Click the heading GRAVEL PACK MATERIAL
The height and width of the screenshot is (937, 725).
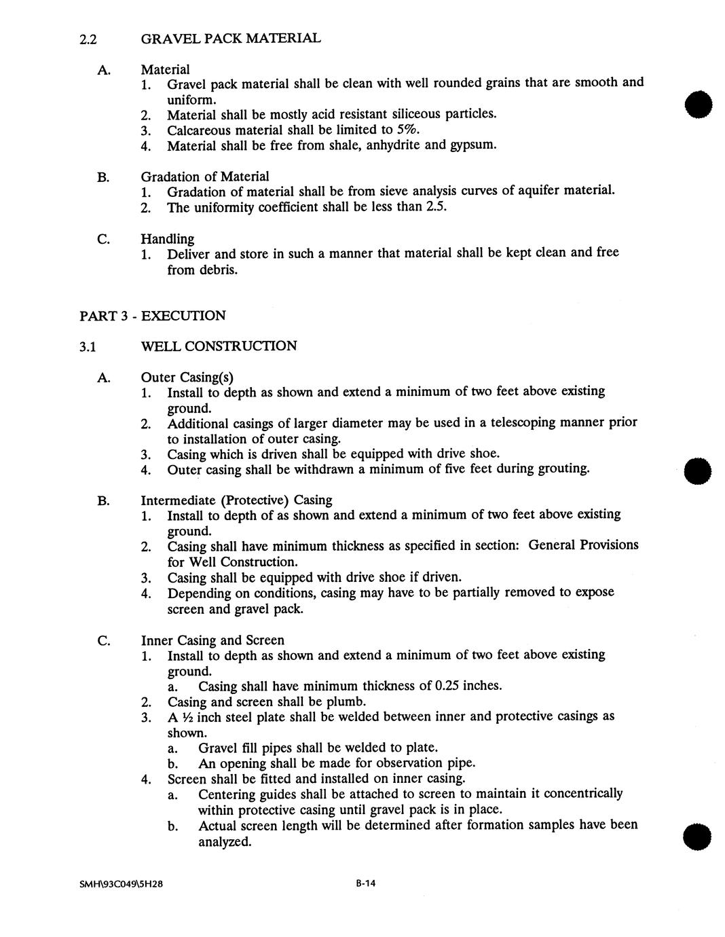(x=231, y=39)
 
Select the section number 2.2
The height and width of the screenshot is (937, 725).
(x=88, y=39)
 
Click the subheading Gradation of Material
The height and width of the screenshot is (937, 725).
(x=204, y=177)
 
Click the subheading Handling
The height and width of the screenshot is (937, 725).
(x=167, y=238)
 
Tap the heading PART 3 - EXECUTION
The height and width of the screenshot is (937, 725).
(x=153, y=316)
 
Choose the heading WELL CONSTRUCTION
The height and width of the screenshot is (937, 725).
(x=219, y=346)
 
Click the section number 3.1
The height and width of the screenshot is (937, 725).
(x=88, y=347)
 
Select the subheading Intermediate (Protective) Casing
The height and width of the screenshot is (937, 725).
(x=236, y=500)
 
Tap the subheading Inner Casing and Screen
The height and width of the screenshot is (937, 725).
(x=212, y=640)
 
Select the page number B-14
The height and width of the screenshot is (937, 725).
(x=365, y=883)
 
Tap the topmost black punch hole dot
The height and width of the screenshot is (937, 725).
(x=699, y=105)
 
